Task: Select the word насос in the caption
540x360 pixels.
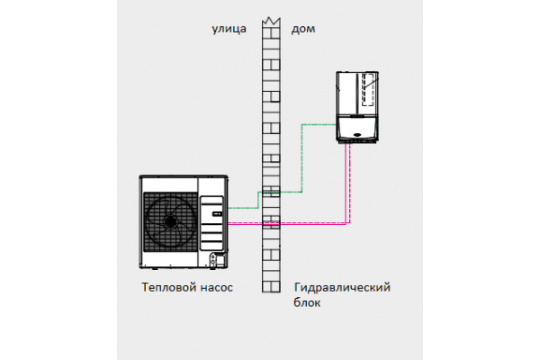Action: pos(216,288)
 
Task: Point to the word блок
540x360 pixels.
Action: pos(308,303)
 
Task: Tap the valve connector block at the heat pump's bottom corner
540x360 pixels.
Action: pos(216,260)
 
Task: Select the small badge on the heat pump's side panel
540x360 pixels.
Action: pos(216,214)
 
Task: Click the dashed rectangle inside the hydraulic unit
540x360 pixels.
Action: pos(368,90)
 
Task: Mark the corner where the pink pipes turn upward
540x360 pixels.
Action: pos(348,221)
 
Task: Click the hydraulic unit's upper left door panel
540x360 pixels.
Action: pos(347,89)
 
